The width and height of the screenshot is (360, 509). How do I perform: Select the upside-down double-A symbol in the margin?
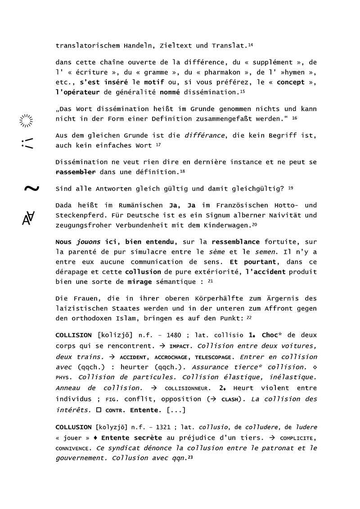coord(28,218)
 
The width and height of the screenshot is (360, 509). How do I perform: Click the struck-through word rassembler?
coord(75,172)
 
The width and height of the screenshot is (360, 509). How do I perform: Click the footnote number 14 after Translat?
coord(251,45)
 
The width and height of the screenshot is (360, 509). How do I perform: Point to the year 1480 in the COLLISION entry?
coord(174,335)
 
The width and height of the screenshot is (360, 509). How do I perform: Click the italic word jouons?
coord(88,241)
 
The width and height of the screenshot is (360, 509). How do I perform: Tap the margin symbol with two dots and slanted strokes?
coord(27,143)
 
